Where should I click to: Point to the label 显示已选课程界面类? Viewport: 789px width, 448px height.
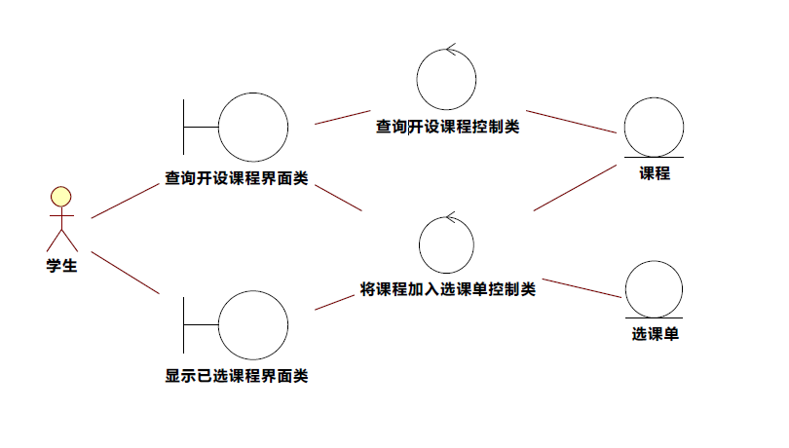pyautogui.click(x=236, y=376)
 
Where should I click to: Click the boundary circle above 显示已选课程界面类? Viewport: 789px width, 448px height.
pyautogui.click(x=253, y=325)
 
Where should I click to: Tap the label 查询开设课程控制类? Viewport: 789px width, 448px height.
pyautogui.click(x=447, y=126)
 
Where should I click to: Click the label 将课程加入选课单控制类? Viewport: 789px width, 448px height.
pyautogui.click(x=447, y=289)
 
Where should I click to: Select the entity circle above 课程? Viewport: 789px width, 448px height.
pyautogui.click(x=654, y=126)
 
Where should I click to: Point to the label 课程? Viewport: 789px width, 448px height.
pyautogui.click(x=654, y=173)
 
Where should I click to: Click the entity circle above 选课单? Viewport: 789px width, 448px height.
pyautogui.click(x=654, y=288)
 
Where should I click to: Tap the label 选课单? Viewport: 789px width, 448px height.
pyautogui.click(x=654, y=334)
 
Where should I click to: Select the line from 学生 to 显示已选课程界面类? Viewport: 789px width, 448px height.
pyautogui.click(x=125, y=272)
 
